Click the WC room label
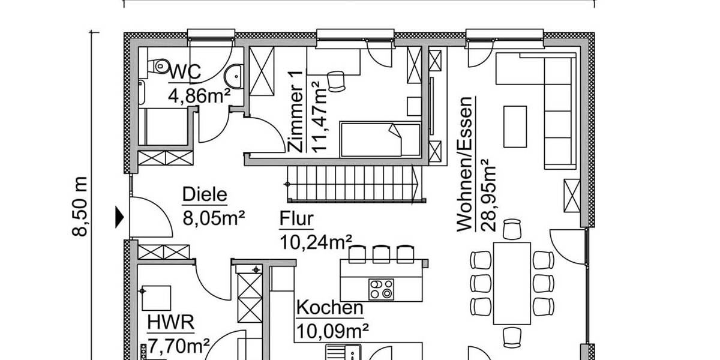pos(184,72)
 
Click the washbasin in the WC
pos(235,76)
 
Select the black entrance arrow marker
pos(119,217)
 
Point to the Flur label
pos(296,220)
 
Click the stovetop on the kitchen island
pos(381,289)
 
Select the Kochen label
pos(330,308)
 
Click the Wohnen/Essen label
pos(466,163)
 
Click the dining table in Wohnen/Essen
pos(511,283)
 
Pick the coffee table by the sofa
pos(515,126)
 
